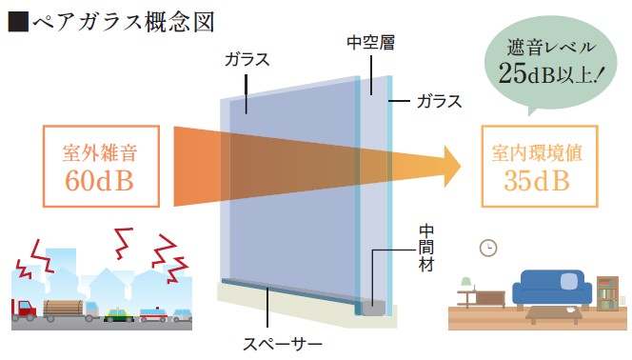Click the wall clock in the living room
pyautogui.click(x=488, y=248)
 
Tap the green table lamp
pyautogui.click(x=466, y=284)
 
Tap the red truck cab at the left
pyautogui.click(x=23, y=310)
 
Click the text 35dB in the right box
pyautogui.click(x=537, y=178)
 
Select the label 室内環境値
pyautogui.click(x=537, y=151)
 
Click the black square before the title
pyautogui.click(x=16, y=19)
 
